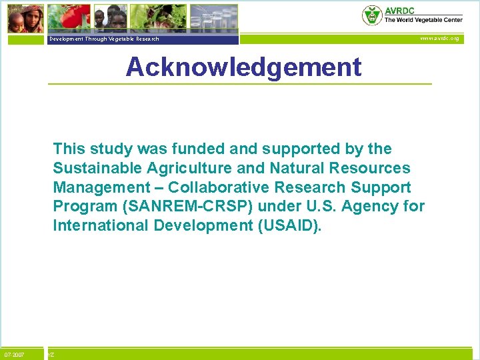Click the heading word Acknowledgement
[243, 67]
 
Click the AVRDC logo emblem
[371, 15]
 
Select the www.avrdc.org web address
[439, 39]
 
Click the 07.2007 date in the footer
[14, 354]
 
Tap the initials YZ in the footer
[51, 355]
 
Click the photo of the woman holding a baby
[26, 18]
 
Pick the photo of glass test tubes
[213, 18]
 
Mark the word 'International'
[101, 225]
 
